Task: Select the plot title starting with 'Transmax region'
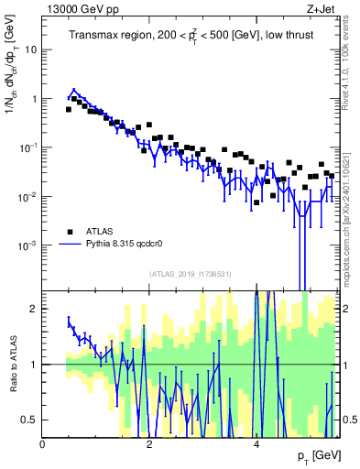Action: click(191, 35)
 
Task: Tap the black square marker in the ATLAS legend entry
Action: click(70, 231)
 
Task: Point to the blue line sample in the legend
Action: click(70, 245)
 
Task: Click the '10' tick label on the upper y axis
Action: click(31, 49)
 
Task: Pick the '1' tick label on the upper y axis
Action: click(34, 99)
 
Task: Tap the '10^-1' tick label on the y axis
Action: click(27, 147)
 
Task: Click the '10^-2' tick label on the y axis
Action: click(27, 197)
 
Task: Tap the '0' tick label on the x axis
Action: click(43, 444)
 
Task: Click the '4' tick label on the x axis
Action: click(256, 444)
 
